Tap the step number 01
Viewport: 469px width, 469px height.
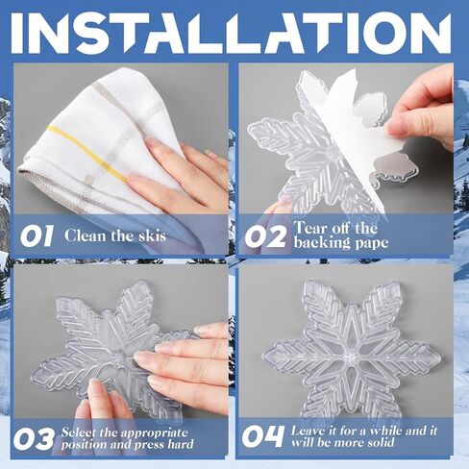pos(37,235)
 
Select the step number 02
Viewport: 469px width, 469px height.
pos(264,237)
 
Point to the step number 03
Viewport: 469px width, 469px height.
pos(34,439)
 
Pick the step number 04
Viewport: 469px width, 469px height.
pos(263,436)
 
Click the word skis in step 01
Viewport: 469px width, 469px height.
pos(152,235)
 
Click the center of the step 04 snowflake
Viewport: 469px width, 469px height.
pos(349,357)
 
